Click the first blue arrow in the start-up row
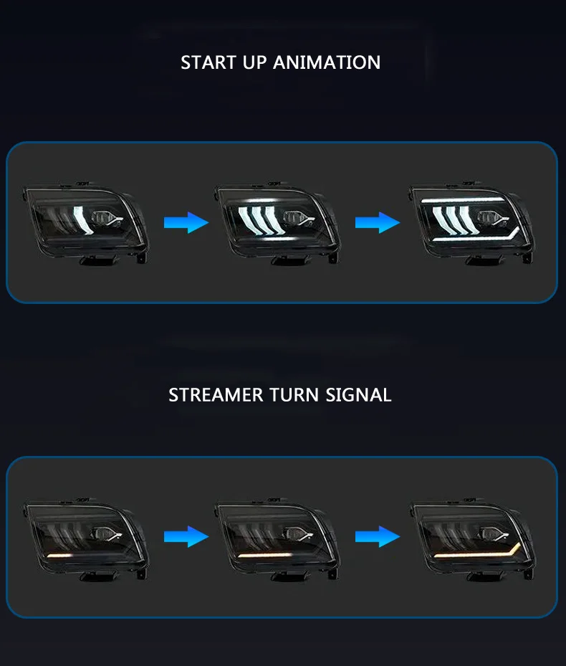click(186, 222)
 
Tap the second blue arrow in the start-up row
click(378, 222)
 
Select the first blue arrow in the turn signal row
click(186, 536)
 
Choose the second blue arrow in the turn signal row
click(378, 536)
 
